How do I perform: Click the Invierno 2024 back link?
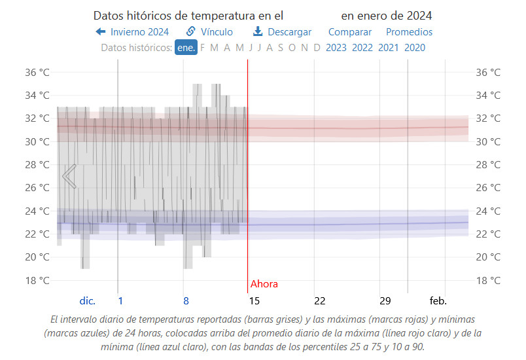click(132, 31)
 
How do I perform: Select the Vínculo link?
click(209, 31)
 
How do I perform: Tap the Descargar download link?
click(282, 31)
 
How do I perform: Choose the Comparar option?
click(349, 31)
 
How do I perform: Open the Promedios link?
click(409, 31)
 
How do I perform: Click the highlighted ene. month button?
click(186, 47)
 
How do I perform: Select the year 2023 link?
click(336, 47)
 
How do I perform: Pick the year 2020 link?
click(415, 47)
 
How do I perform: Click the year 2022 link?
click(362, 47)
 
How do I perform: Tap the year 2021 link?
click(388, 47)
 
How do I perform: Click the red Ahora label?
click(264, 284)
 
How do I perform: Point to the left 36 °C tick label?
click(37, 72)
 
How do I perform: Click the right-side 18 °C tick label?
click(488, 280)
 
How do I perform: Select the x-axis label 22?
click(319, 301)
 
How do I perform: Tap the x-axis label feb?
click(438, 301)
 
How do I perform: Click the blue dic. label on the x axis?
click(88, 301)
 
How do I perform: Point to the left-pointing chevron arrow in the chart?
click(69, 176)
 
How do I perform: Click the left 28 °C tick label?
click(37, 164)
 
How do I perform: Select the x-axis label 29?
click(385, 301)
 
